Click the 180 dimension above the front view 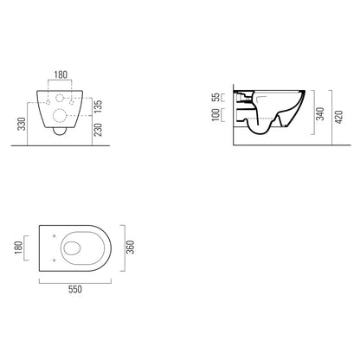(61, 74)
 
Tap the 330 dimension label (22, 124)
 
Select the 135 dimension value (98, 107)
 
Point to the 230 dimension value (98, 130)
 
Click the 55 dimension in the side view (215, 97)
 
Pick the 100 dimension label (215, 115)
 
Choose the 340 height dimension (320, 113)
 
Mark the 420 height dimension (339, 117)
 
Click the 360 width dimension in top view (131, 247)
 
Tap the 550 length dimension (75, 289)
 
